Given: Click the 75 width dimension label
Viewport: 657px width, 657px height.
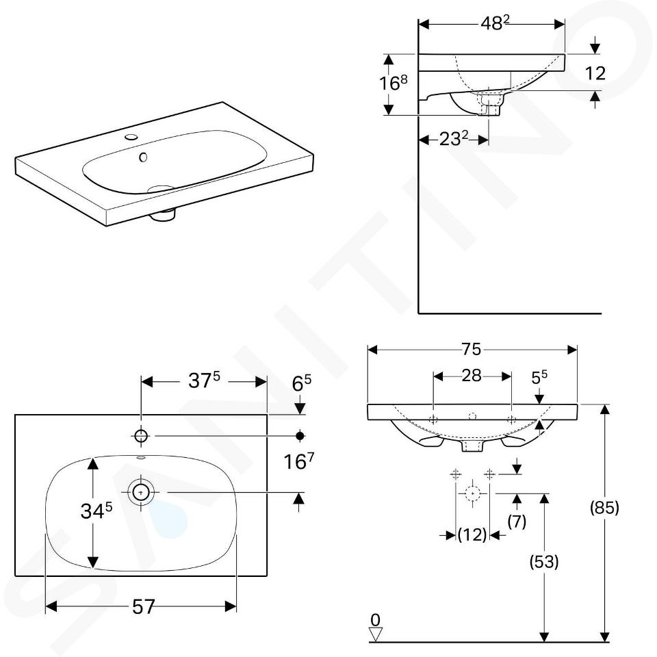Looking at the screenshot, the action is click(x=472, y=349).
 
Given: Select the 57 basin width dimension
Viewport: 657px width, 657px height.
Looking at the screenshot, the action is click(x=144, y=606).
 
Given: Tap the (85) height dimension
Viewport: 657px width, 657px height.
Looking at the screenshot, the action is click(x=604, y=508).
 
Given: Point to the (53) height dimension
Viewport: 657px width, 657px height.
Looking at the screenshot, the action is click(x=544, y=561).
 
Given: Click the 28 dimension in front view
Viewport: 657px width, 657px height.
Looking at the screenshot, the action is click(x=472, y=376).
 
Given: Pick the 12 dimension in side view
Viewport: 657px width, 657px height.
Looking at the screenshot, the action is click(x=595, y=73).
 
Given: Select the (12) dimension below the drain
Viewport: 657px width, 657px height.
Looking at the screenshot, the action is click(x=472, y=534).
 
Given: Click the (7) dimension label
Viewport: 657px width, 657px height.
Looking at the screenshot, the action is click(x=517, y=521).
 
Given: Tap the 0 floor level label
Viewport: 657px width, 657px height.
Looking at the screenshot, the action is click(x=376, y=619).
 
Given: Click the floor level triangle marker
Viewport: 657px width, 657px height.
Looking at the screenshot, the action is click(x=376, y=634).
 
